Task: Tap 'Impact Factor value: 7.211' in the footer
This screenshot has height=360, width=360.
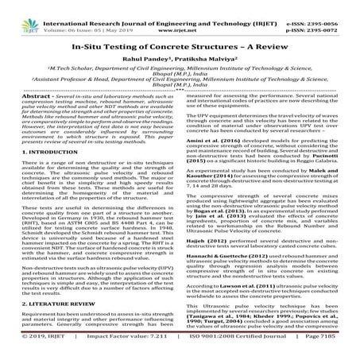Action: [130, 351]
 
